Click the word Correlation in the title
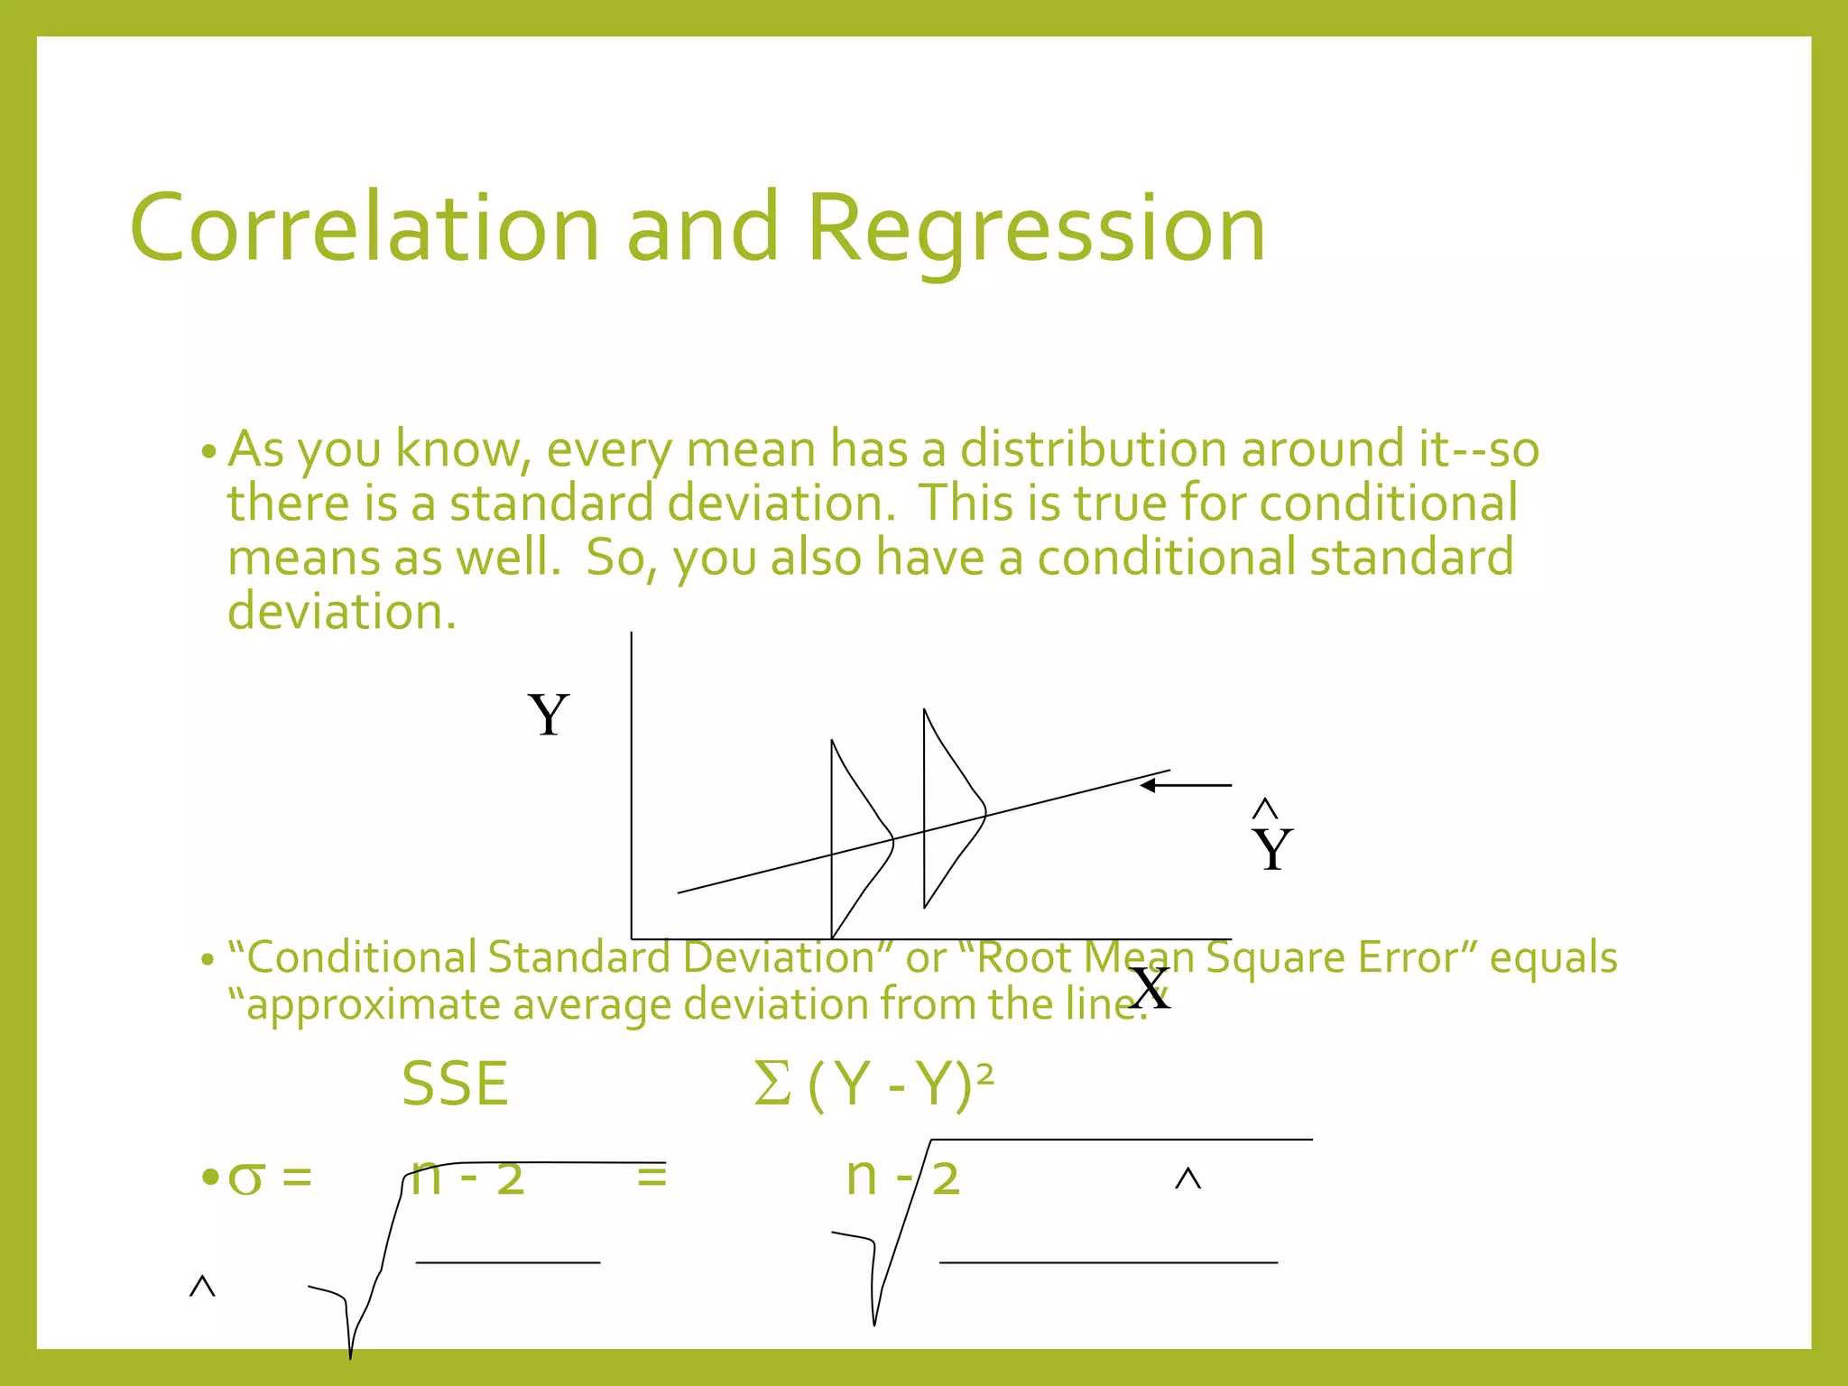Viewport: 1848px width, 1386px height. (x=365, y=228)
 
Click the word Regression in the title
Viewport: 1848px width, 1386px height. (x=1036, y=230)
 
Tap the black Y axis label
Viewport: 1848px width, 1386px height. (x=549, y=715)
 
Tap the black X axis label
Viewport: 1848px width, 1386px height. (x=1150, y=989)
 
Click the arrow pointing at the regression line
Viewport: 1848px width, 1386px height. (x=1184, y=786)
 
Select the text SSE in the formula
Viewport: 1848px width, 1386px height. (x=455, y=1084)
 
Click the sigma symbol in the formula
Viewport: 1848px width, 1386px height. (x=246, y=1178)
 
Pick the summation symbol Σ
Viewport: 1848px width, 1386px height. (x=772, y=1084)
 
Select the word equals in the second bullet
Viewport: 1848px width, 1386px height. (x=1553, y=957)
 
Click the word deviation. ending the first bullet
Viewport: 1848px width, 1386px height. (x=342, y=612)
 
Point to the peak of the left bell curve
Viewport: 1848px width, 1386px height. (x=892, y=840)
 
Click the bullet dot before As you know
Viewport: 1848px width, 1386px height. (x=208, y=451)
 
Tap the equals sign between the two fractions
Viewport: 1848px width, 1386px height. (x=651, y=1177)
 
